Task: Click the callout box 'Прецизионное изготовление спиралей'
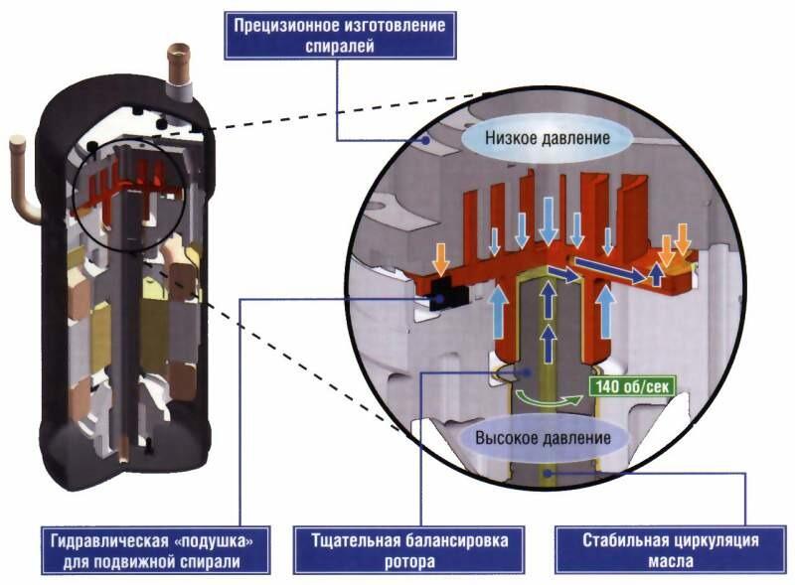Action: [340, 36]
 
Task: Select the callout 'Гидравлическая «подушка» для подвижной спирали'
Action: [156, 550]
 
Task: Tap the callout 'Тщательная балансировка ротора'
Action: [409, 550]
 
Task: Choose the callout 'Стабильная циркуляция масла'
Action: [671, 550]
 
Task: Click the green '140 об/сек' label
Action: [632, 386]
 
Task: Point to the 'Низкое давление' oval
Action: [548, 138]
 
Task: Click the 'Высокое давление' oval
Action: [543, 438]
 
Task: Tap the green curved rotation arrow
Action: [548, 398]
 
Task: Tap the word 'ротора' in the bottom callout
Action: [409, 562]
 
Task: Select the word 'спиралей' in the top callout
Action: [340, 46]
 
